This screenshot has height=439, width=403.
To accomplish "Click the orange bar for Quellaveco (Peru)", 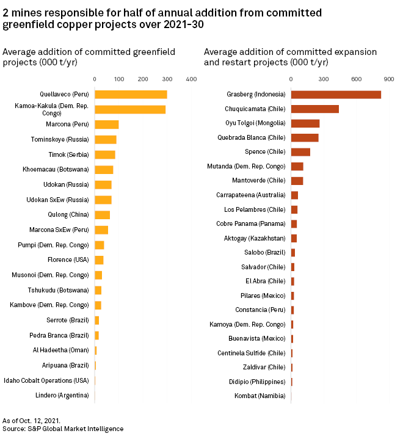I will [x=131, y=95].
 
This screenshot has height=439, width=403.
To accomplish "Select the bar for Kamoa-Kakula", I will [x=130, y=110].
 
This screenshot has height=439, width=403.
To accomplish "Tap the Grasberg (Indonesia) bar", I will [x=336, y=95].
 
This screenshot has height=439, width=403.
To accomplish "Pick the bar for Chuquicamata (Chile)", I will [x=314, y=109].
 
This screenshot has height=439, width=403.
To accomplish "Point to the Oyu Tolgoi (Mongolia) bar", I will [x=305, y=123].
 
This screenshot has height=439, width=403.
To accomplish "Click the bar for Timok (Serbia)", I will [x=105, y=154].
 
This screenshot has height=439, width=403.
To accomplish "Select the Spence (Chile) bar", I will [x=300, y=152].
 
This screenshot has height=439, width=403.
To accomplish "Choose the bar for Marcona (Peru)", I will [x=107, y=125].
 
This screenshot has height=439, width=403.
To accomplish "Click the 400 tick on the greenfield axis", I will [x=191, y=79].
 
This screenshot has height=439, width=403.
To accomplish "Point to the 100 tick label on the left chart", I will [x=119, y=79].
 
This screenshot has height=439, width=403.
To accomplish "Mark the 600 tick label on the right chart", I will [x=357, y=79].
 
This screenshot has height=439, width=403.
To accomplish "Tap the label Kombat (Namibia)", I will [x=260, y=396].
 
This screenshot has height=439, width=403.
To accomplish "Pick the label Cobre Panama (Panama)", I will [x=250, y=224].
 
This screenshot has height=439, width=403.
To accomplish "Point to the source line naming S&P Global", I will [x=63, y=429].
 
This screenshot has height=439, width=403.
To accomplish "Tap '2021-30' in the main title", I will [x=183, y=25].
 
